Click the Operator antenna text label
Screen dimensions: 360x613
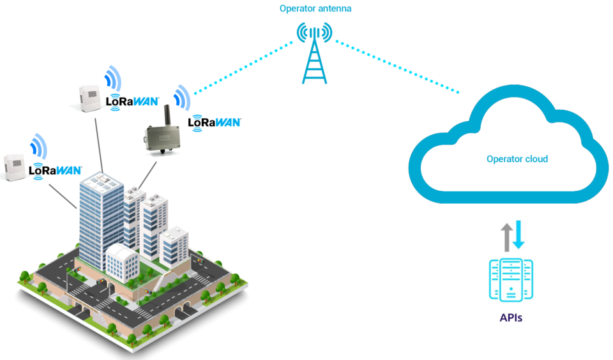(x=315, y=9)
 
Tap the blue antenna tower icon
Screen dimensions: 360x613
(x=314, y=61)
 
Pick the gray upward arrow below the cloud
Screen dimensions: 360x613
(x=506, y=236)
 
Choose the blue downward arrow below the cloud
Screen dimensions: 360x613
(x=518, y=234)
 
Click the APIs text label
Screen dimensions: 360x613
(x=511, y=317)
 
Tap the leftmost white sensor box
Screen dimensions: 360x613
(x=15, y=167)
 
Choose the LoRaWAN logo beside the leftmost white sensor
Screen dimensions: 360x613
(x=56, y=170)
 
